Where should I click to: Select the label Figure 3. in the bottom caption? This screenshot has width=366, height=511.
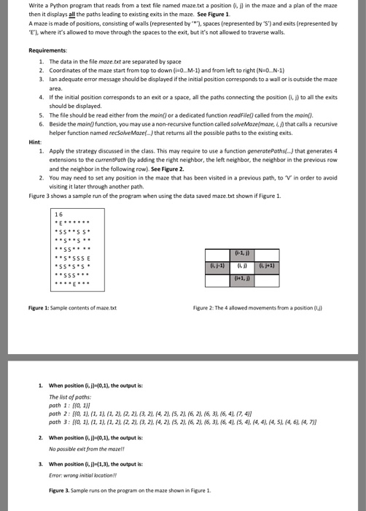[x=60, y=490]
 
